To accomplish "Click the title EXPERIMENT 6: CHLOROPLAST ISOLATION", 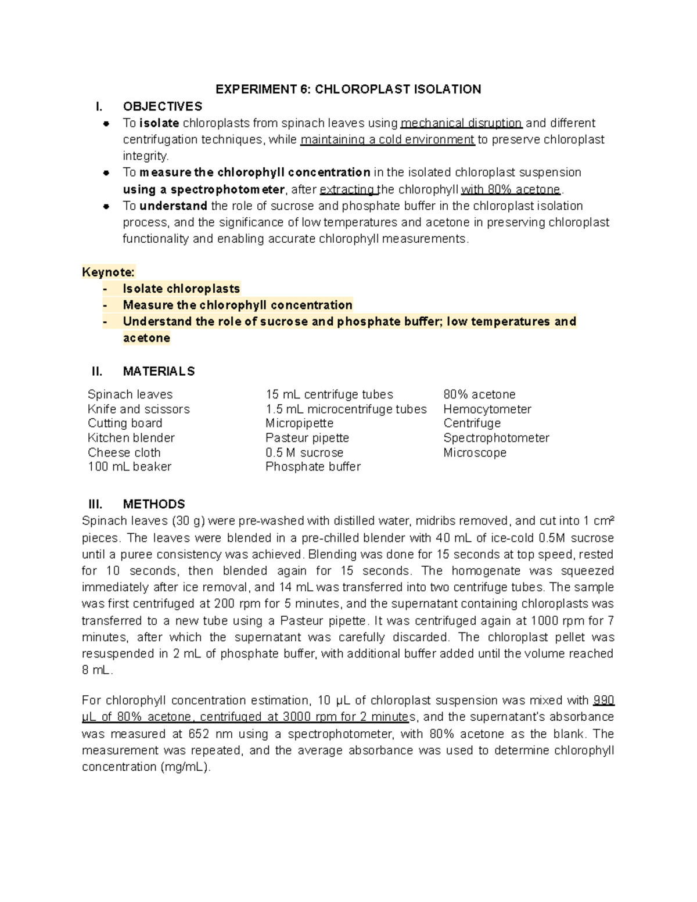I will click(348, 89).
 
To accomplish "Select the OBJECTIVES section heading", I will click(162, 106).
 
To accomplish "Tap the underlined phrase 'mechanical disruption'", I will click(462, 123).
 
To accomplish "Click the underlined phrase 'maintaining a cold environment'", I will click(387, 139).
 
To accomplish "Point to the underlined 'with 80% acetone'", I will click(511, 189).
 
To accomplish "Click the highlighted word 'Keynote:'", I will click(109, 272).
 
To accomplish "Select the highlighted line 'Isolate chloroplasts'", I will click(181, 289).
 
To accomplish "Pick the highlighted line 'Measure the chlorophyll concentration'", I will click(238, 305).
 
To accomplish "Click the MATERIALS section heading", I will click(159, 371).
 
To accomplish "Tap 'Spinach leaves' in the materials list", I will click(130, 394).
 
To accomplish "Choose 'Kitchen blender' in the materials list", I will click(131, 438).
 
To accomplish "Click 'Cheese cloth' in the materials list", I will click(124, 452).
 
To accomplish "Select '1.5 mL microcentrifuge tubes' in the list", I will click(346, 409).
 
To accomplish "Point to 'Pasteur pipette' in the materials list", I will click(307, 438).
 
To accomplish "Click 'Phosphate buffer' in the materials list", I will click(312, 466).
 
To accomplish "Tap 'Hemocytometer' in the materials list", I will click(487, 409).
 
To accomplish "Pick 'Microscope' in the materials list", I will click(475, 452).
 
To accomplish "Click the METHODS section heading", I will click(154, 504).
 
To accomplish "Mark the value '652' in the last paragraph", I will click(199, 734).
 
